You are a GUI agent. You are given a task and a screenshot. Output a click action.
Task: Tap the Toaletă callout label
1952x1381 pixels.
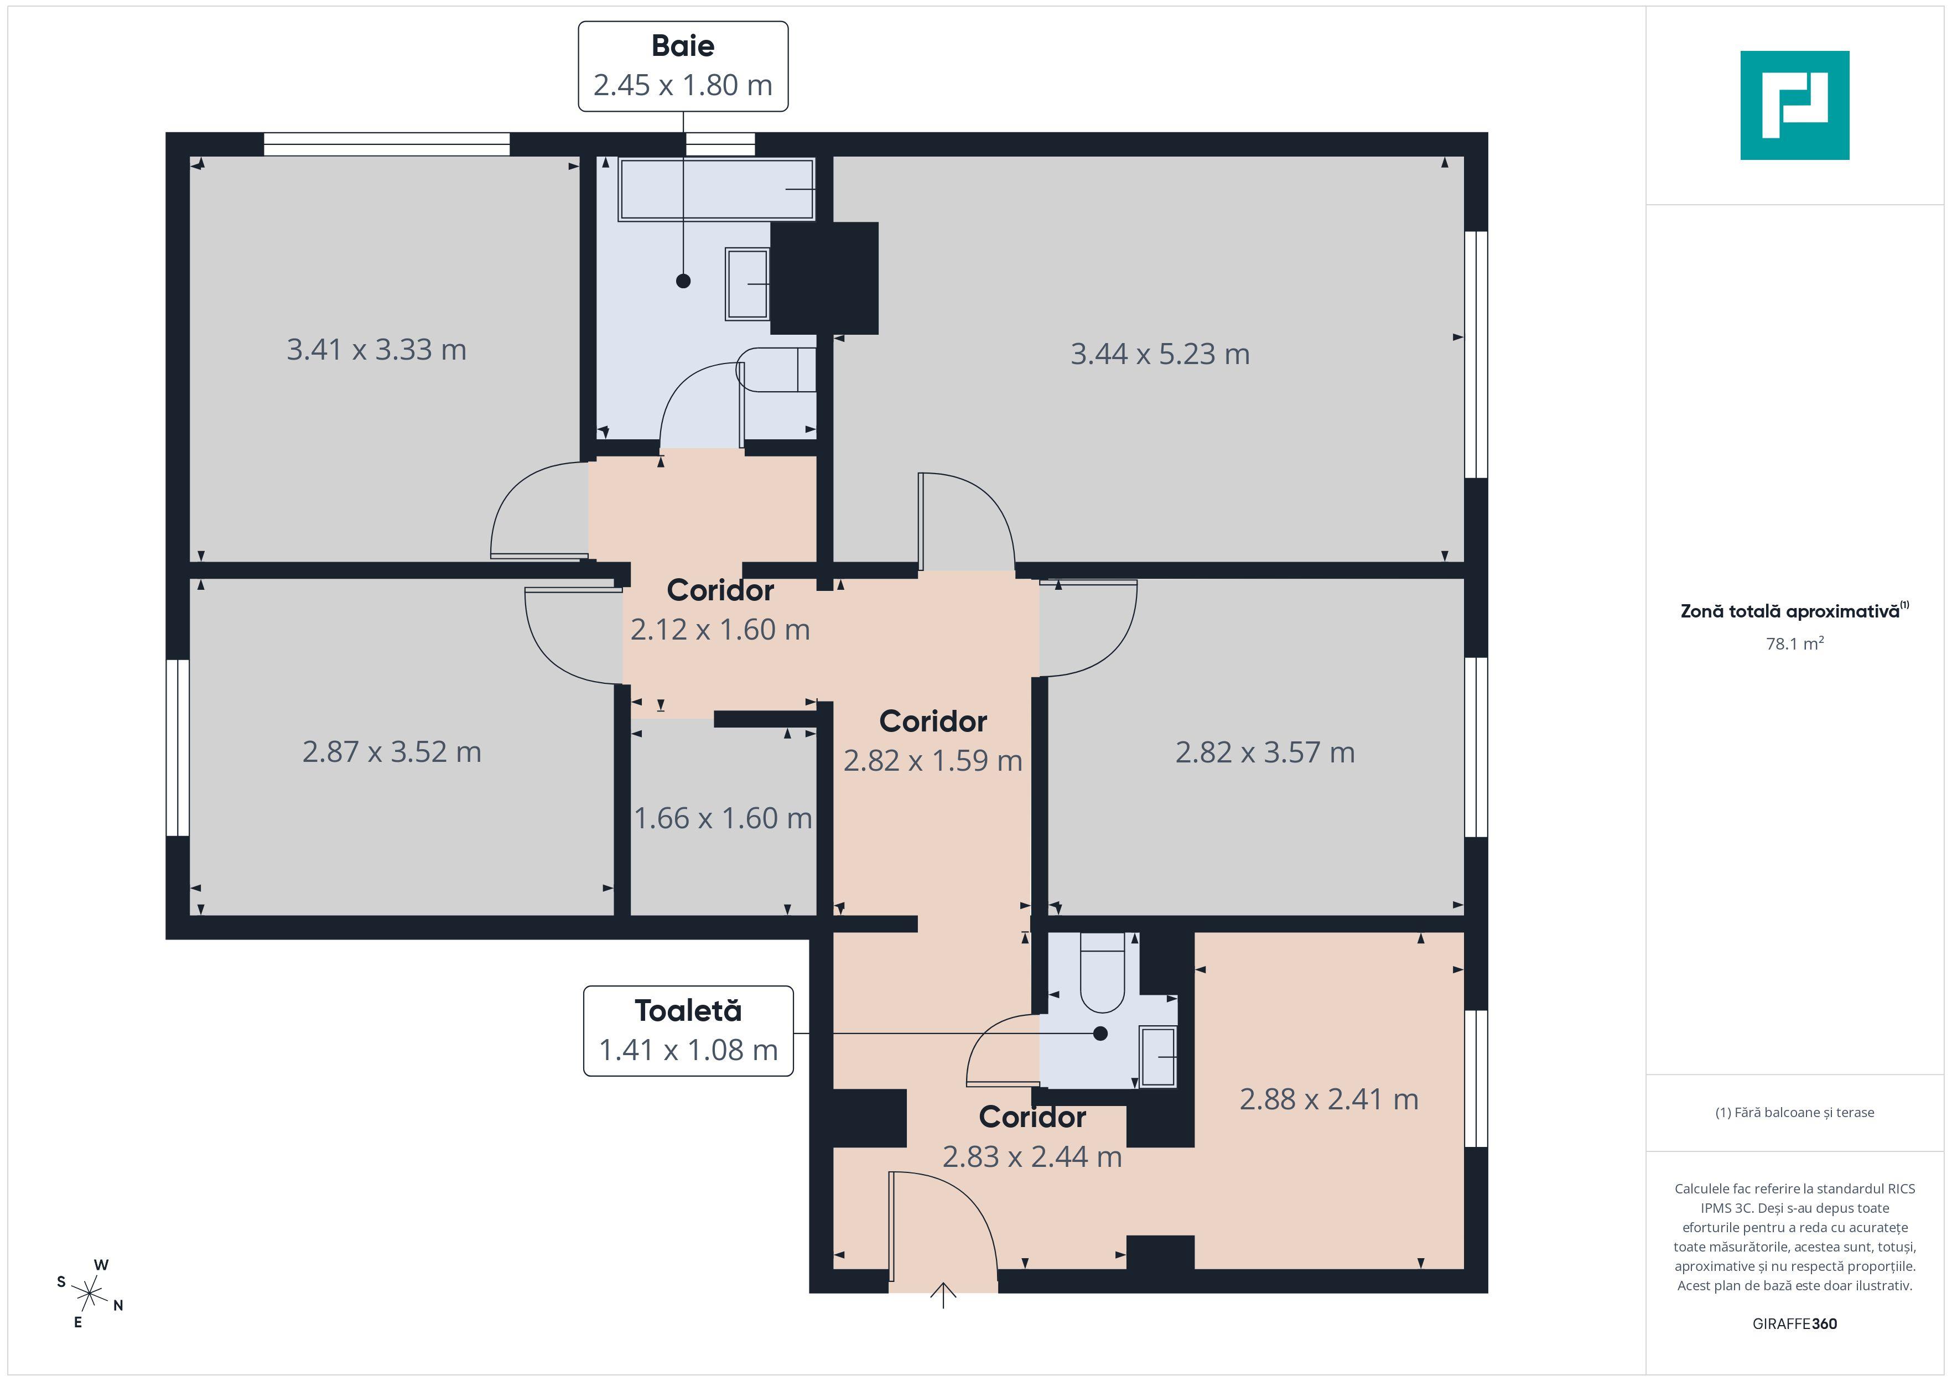[x=688, y=1031]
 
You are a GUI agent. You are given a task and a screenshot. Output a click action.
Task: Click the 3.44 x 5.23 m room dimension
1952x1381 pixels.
[x=1160, y=354]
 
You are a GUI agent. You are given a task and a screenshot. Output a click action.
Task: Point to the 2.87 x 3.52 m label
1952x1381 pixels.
[x=392, y=752]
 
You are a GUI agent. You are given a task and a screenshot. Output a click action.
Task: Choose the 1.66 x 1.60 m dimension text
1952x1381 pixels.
[x=723, y=818]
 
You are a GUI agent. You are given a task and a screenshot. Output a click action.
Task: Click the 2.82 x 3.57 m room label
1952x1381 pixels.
[x=1264, y=752]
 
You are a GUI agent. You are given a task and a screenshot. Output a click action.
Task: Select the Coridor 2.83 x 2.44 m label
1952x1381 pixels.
[x=1032, y=1137]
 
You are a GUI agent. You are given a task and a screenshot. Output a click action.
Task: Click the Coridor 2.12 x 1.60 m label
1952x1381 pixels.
[x=720, y=610]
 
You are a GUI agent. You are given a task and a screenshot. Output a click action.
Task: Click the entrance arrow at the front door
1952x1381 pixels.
[x=943, y=1295]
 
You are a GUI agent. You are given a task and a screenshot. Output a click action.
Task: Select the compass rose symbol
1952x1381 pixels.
[x=89, y=1294]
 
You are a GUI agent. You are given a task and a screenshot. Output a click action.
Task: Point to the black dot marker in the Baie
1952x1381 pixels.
[x=683, y=281]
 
